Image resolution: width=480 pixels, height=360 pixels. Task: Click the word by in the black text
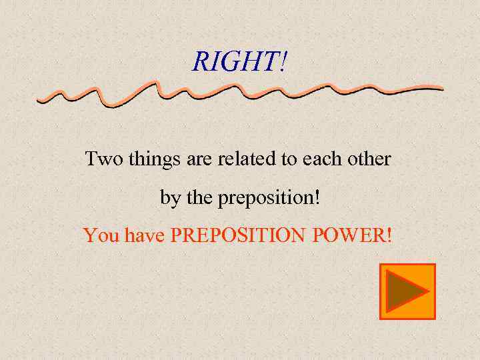(x=169, y=199)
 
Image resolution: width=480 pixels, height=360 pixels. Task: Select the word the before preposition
(x=199, y=198)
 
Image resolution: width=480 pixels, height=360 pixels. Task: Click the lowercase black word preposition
(x=265, y=199)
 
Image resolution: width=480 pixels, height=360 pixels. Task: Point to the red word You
(x=98, y=235)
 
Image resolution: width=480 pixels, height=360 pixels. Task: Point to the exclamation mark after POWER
(x=389, y=235)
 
